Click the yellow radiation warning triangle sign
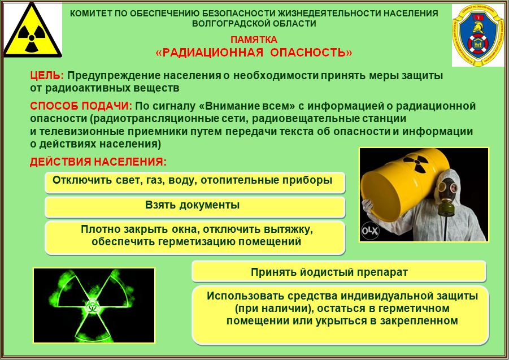[32, 32]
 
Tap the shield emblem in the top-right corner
[476, 34]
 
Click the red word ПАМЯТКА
[254, 40]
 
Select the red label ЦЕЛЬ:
[47, 76]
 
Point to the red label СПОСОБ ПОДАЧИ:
[81, 106]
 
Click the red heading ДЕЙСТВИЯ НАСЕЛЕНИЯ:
[98, 162]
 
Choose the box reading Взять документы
[195, 207]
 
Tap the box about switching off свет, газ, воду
[195, 183]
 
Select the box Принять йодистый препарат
[339, 271]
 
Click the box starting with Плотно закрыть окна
[195, 237]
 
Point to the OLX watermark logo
[370, 231]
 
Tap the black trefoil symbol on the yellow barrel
[417, 162]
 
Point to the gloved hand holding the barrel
[367, 205]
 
